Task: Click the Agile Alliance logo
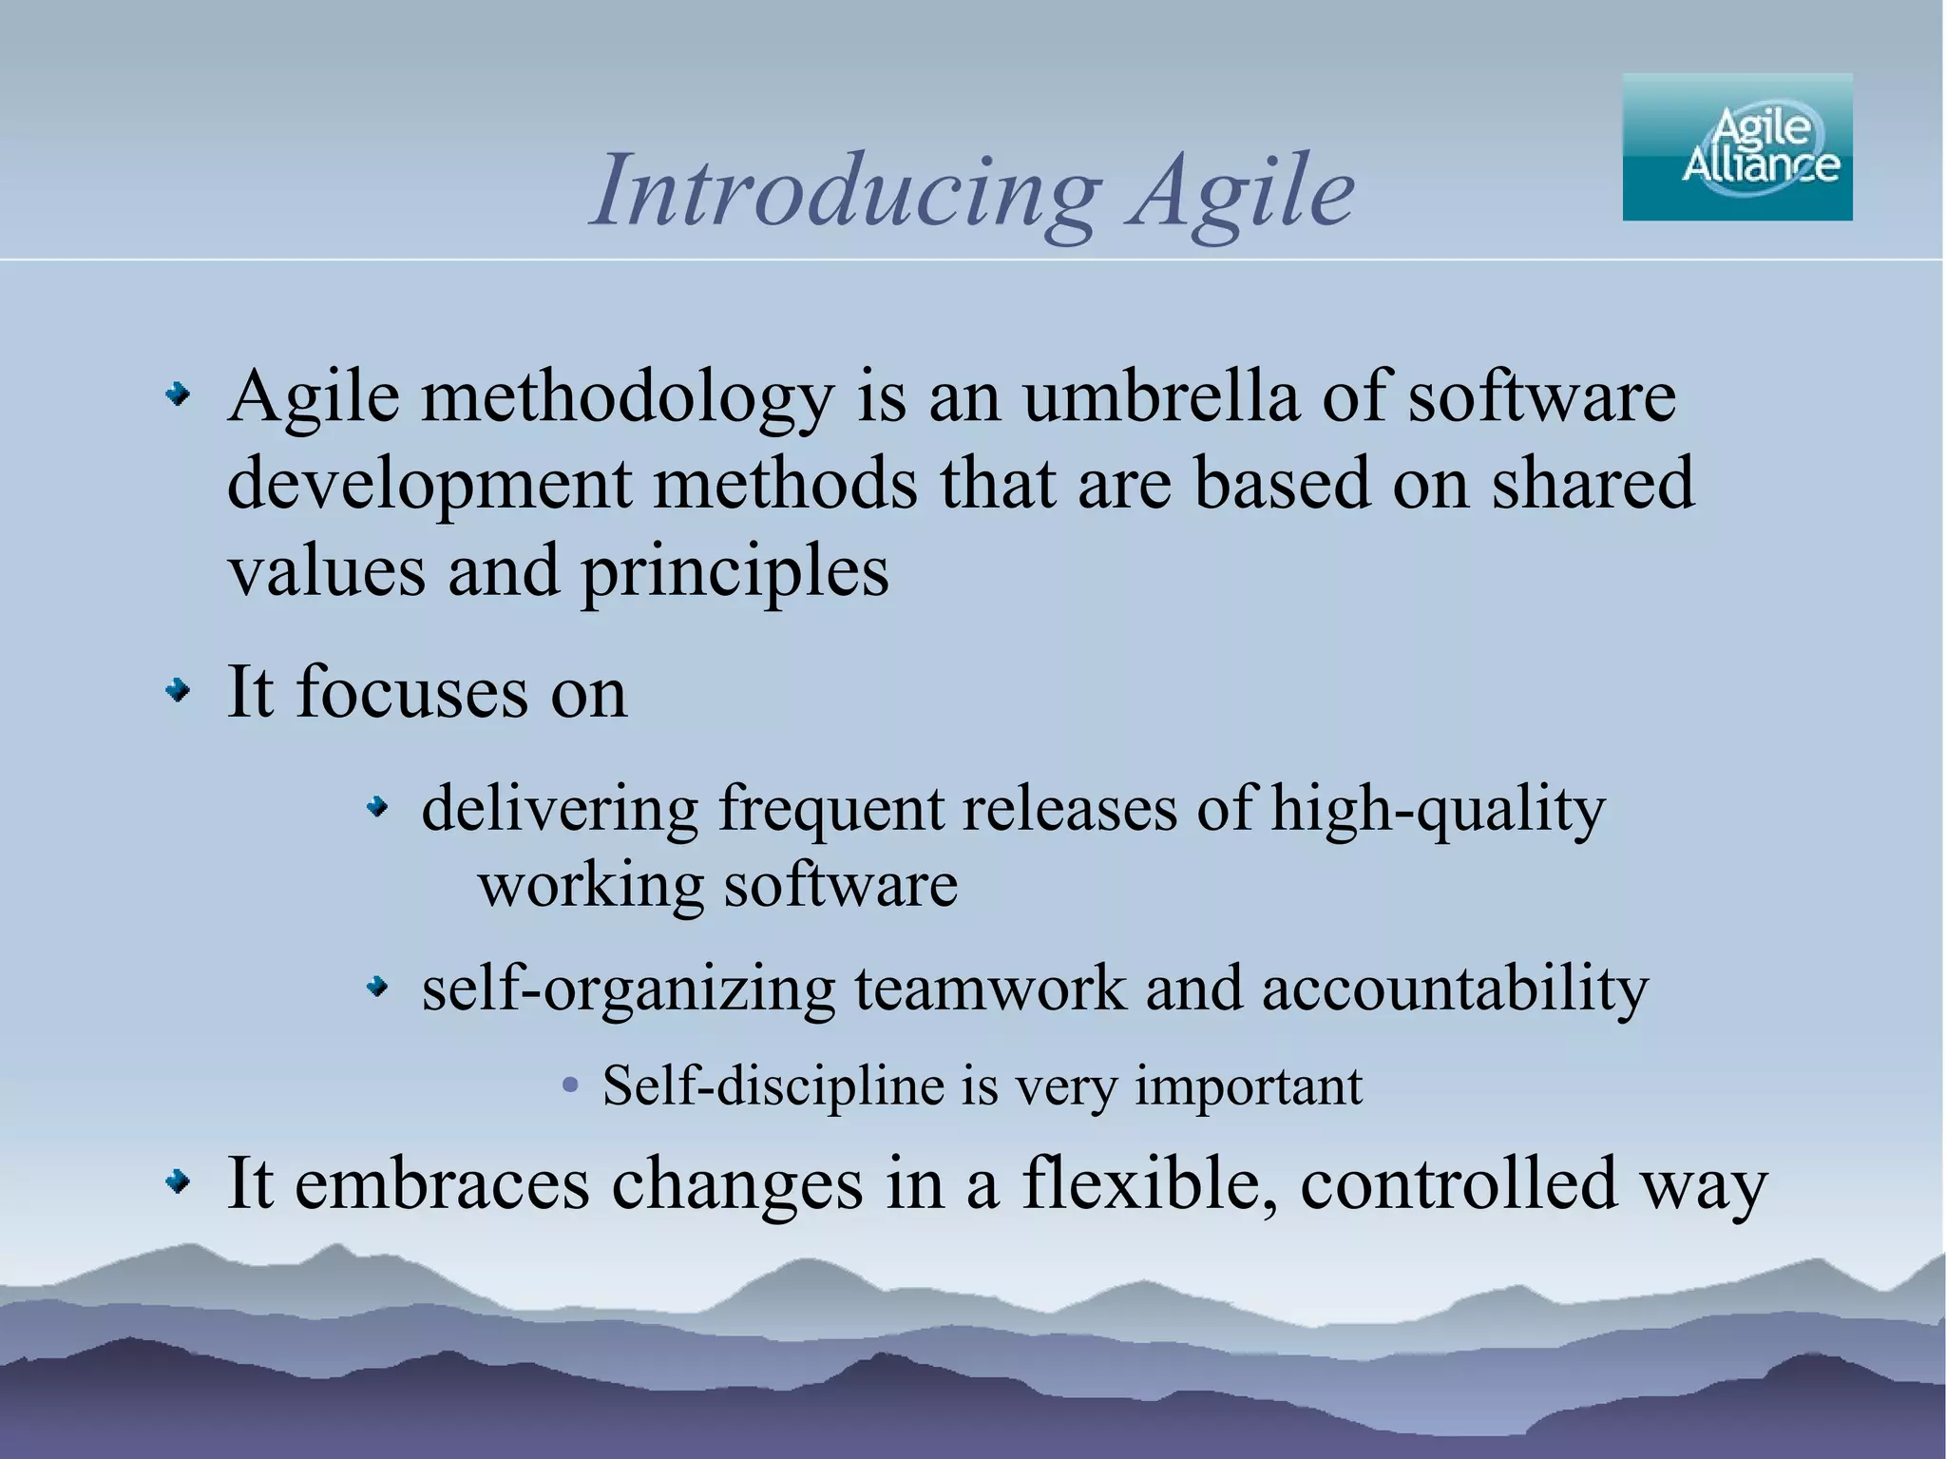click(1737, 147)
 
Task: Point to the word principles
click(735, 573)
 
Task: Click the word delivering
click(560, 809)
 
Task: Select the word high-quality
click(1438, 811)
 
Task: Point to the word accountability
click(1455, 989)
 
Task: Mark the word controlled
click(1459, 1183)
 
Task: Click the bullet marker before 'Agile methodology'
click(178, 394)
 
